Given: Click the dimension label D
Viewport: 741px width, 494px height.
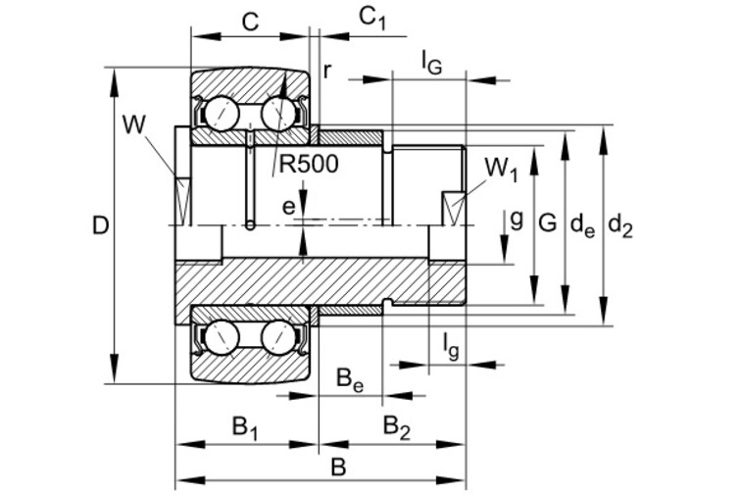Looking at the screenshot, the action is (x=100, y=225).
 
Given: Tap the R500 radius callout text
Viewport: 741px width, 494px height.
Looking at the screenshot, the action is (x=309, y=164).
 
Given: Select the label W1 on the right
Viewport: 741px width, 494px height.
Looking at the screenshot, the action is (x=502, y=169).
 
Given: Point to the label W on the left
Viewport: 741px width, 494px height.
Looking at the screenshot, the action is (x=133, y=125).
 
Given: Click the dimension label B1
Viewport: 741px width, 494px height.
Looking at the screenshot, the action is (x=244, y=427).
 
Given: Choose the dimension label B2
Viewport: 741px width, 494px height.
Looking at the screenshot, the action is (x=396, y=427).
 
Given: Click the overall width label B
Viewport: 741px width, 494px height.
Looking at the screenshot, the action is (x=339, y=468).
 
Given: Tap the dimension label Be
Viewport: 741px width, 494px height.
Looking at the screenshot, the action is (x=350, y=381).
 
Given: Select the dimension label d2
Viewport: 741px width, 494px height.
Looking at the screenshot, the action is (x=619, y=225).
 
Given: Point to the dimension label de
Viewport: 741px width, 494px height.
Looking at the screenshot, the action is (x=582, y=225).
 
